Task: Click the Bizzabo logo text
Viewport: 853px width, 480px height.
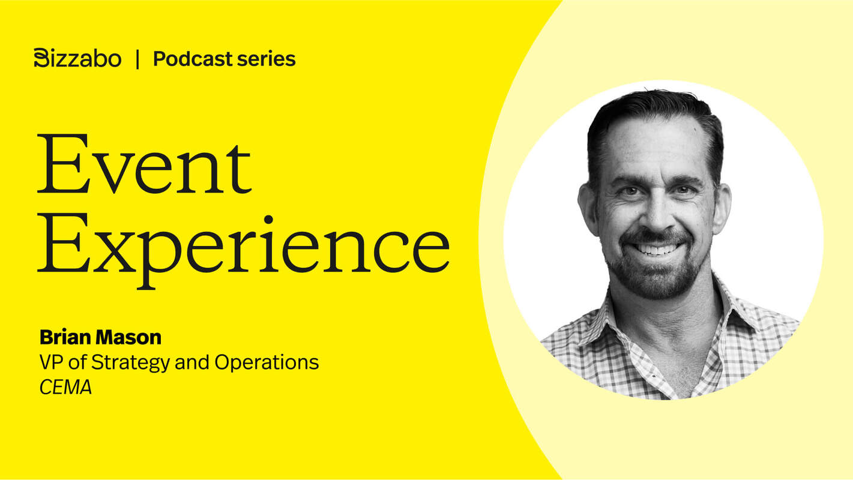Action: pyautogui.click(x=77, y=58)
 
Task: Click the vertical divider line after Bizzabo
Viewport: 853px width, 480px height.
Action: pyautogui.click(x=137, y=59)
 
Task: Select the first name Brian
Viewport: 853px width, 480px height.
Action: pyautogui.click(x=63, y=337)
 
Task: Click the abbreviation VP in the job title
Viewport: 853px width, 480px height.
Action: pyautogui.click(x=50, y=362)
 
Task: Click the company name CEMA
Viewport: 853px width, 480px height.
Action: pyautogui.click(x=65, y=388)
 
